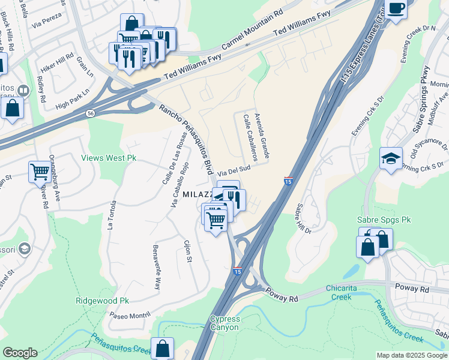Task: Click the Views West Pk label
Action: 109,158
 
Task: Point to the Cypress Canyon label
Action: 224,323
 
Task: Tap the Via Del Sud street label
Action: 234,170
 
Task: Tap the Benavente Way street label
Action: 157,268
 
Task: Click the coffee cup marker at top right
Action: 396,8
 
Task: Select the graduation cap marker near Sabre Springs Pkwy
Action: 391,159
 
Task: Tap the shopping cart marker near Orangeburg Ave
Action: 40,172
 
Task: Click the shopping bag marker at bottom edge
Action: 162,347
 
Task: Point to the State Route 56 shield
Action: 90,113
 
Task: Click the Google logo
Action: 20,353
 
